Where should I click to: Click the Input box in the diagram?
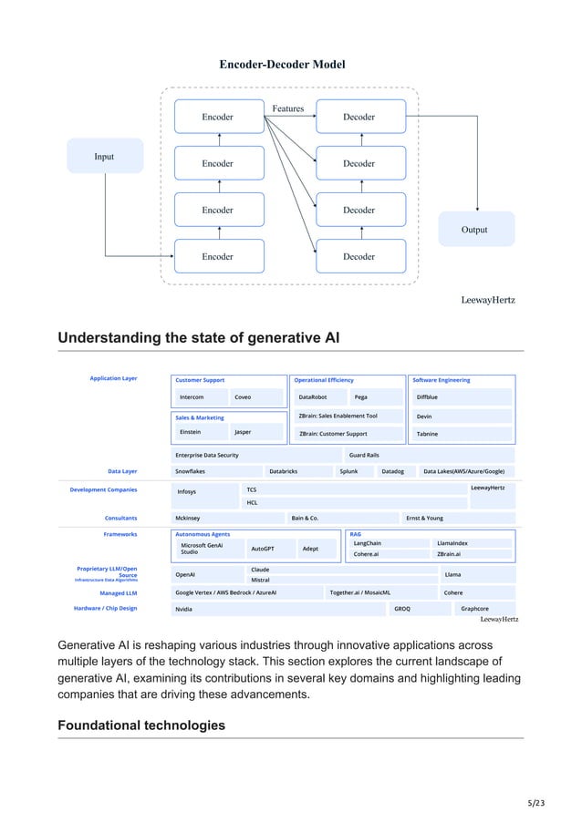click(105, 156)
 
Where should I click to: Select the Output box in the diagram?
click(474, 230)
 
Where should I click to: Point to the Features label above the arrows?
click(287, 108)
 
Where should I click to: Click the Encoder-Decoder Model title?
click(282, 64)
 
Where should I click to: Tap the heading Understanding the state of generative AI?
click(198, 339)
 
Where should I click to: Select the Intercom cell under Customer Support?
click(192, 397)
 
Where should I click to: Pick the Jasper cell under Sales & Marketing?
click(243, 432)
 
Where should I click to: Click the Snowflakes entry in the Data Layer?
click(191, 471)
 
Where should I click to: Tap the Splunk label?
click(348, 471)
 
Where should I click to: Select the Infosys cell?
click(187, 491)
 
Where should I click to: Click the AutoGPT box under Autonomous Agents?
click(263, 550)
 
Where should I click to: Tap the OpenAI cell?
click(185, 575)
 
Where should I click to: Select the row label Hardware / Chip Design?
click(106, 607)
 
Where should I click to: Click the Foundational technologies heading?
click(141, 725)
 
